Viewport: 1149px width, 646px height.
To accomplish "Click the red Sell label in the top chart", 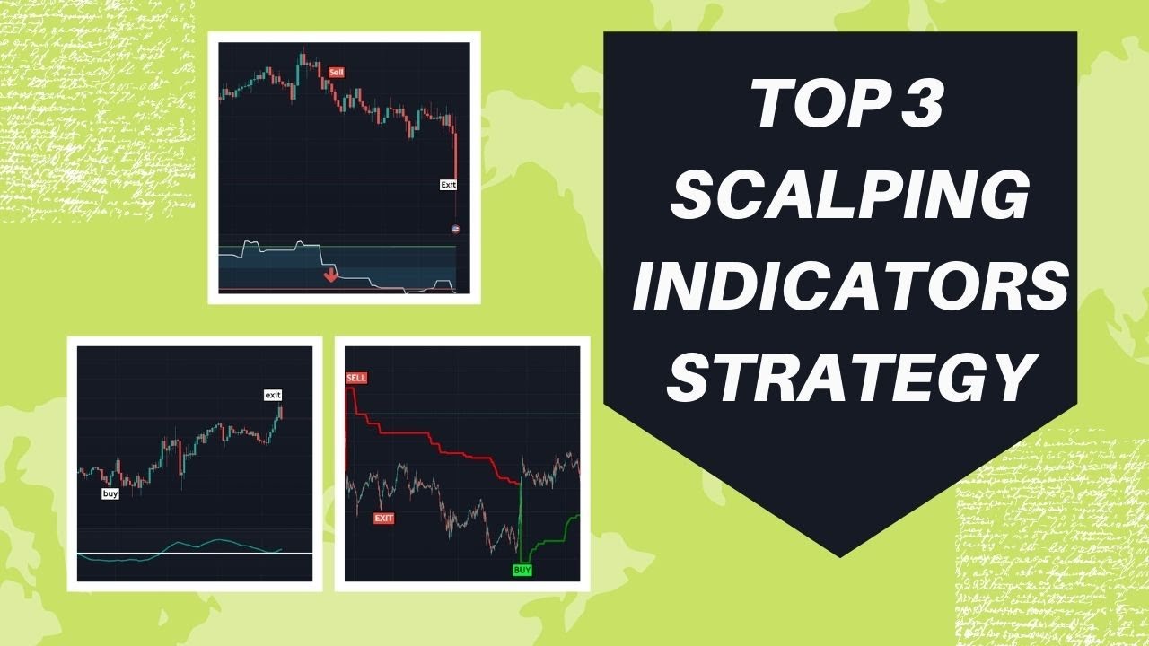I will click(337, 72).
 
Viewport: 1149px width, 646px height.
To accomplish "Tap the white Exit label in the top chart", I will click(448, 185).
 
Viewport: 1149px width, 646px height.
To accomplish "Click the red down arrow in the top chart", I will click(330, 274).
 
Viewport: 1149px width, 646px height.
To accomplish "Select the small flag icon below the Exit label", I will click(455, 229).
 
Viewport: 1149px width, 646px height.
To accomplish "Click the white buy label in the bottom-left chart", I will click(110, 493).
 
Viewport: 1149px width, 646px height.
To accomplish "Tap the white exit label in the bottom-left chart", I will click(273, 395).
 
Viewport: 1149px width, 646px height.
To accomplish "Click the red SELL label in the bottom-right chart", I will click(356, 379).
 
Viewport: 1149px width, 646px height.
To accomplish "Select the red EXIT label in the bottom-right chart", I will click(384, 519).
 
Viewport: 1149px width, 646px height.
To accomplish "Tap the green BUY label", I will click(522, 570).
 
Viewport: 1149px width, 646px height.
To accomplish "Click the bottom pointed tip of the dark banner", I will click(839, 555).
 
